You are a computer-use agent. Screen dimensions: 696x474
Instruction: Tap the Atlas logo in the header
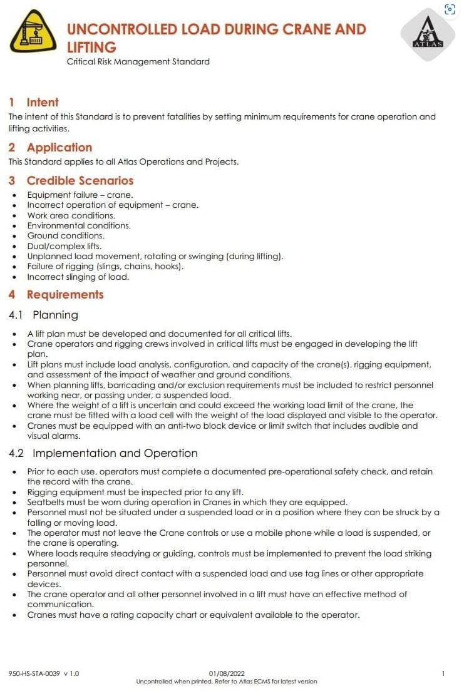[428, 35]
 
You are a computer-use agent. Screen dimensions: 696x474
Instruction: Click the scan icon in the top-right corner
[449, 9]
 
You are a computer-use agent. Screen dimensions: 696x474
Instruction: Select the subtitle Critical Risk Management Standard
[138, 61]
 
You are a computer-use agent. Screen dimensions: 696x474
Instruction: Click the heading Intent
[43, 102]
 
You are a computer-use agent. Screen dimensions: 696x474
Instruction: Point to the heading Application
[59, 147]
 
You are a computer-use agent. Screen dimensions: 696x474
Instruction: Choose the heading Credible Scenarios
[80, 180]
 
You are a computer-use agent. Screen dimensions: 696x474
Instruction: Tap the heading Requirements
[64, 294]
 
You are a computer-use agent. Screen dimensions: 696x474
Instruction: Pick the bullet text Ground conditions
[66, 236]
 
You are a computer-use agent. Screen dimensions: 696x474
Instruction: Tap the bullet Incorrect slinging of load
[78, 277]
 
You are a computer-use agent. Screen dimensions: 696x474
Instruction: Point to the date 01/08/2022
[226, 673]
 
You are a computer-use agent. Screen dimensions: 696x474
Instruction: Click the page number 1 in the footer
[443, 673]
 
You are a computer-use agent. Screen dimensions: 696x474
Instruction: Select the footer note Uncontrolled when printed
[227, 682]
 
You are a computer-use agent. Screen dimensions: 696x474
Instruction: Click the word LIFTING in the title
[91, 47]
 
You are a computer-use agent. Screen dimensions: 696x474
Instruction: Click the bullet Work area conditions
[71, 215]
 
